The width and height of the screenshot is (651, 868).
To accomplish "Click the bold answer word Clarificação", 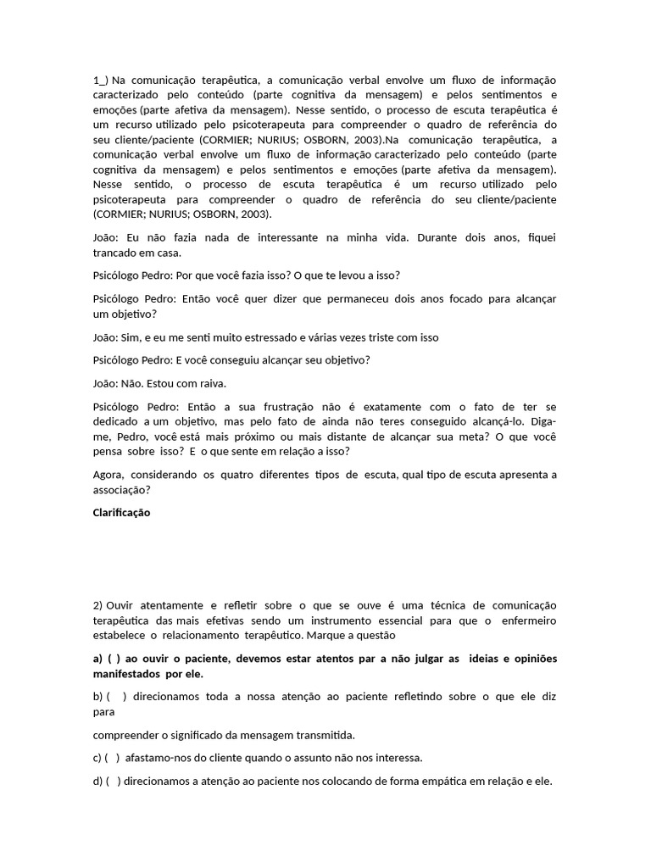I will [122, 513].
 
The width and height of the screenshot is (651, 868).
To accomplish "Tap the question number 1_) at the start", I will [101, 80].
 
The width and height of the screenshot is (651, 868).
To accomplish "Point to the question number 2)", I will [98, 605].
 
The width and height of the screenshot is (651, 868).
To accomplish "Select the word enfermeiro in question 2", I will [526, 620].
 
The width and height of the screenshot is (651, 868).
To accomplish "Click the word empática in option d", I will [456, 781].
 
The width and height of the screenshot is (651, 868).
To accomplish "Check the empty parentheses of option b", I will [117, 696].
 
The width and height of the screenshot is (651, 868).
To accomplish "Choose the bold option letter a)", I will [97, 659].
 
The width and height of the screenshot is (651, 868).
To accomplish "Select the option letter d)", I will [98, 781].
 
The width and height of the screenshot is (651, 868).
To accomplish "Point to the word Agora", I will [108, 475].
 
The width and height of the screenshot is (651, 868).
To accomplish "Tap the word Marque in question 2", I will [326, 635].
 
